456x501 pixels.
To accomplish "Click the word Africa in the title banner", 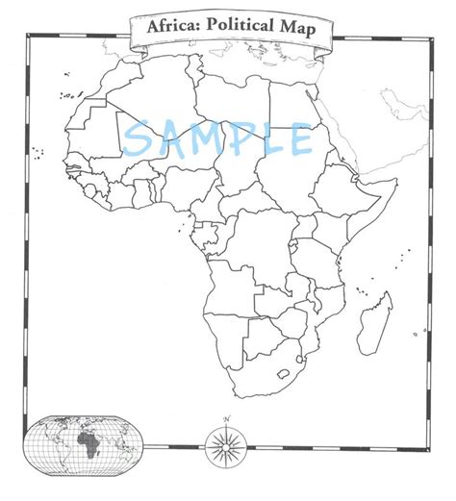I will [x=169, y=27].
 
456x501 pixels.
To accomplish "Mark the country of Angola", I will [x=231, y=288].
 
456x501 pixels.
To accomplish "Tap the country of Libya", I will [x=231, y=106].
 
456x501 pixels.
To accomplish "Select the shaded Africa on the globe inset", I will [x=89, y=444].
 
